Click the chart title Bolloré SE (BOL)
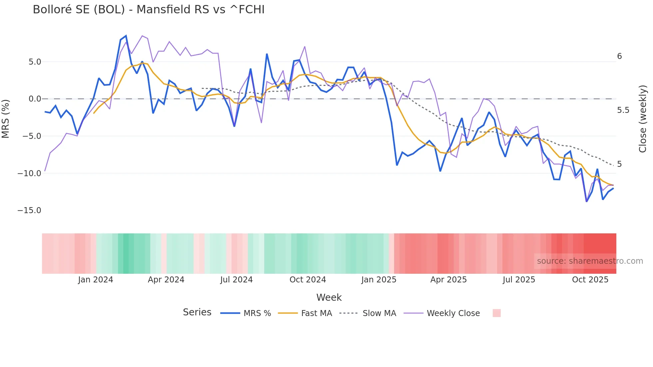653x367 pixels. [149, 10]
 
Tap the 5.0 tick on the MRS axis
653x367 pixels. [35, 62]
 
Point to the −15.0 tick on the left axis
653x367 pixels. [29, 210]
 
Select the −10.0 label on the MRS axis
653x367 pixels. [29, 174]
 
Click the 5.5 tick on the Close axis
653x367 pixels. [623, 110]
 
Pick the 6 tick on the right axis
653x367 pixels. [619, 56]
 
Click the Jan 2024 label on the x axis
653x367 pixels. [96, 280]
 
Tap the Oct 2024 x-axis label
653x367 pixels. [308, 280]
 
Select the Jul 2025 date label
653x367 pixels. [519, 280]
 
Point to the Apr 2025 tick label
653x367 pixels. [448, 280]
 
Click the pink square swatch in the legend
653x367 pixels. [496, 313]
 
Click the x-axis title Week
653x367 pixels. [329, 297]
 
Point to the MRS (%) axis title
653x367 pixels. [6, 119]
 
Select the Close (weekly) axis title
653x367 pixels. [643, 119]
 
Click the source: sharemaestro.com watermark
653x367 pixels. [590, 261]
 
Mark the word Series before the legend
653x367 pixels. [197, 312]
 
